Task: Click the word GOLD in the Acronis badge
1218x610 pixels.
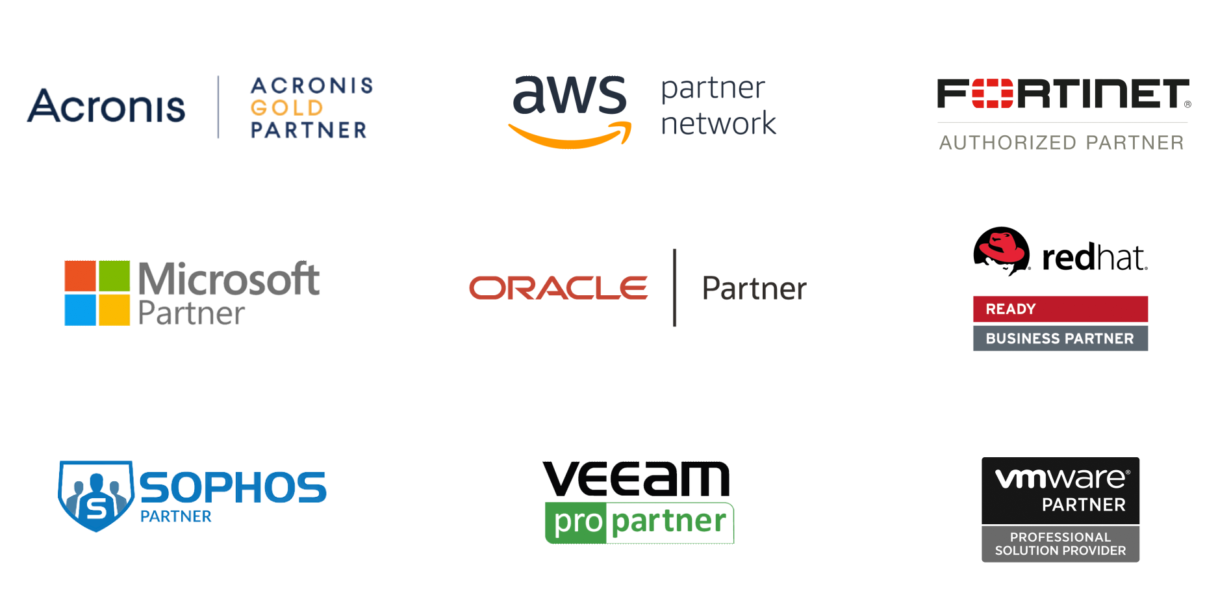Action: (286, 107)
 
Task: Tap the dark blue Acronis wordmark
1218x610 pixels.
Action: (106, 106)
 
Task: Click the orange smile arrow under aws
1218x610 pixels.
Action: (570, 135)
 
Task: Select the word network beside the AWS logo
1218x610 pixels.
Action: (718, 124)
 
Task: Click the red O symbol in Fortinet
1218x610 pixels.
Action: (992, 94)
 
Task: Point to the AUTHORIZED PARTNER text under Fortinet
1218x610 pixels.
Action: (1061, 142)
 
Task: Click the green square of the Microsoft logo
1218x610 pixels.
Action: (114, 276)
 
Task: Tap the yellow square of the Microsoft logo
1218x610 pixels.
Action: (114, 310)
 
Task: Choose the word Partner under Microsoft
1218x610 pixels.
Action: (192, 313)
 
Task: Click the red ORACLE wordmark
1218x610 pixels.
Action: (559, 288)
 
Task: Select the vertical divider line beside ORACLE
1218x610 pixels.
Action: (675, 287)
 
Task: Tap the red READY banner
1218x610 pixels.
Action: (1060, 309)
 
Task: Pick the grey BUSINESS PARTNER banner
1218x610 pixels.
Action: (1060, 338)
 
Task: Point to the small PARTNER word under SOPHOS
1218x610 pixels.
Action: (175, 516)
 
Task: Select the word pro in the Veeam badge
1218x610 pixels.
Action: (578, 522)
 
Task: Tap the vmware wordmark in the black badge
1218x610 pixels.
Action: (1061, 479)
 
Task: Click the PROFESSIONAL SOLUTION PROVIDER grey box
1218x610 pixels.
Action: (1060, 544)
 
